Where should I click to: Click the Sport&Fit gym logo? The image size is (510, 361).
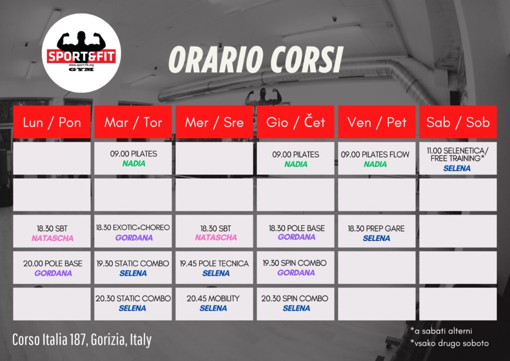[81, 53]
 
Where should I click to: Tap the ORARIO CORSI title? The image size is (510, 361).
[255, 59]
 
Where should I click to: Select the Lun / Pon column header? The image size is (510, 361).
[52, 122]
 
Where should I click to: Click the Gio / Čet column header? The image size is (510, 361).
[295, 122]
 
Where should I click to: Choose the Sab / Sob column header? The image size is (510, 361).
[458, 122]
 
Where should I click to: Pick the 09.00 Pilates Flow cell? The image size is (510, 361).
[377, 158]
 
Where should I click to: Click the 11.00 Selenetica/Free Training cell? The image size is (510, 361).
[458, 158]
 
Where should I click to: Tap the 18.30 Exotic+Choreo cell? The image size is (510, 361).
[133, 231]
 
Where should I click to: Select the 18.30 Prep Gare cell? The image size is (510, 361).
[377, 231]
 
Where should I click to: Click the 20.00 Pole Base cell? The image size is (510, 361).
[52, 268]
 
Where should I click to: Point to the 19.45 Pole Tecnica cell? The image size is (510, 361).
[214, 268]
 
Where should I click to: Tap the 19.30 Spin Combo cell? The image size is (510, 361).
[295, 268]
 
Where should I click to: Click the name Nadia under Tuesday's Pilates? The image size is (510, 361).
[133, 164]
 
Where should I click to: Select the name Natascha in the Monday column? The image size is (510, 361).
[52, 238]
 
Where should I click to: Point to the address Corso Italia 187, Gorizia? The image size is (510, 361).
[82, 340]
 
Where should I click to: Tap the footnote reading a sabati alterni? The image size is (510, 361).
[441, 331]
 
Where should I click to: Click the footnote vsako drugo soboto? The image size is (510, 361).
[450, 343]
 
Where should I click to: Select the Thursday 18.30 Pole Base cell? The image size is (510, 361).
[295, 231]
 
